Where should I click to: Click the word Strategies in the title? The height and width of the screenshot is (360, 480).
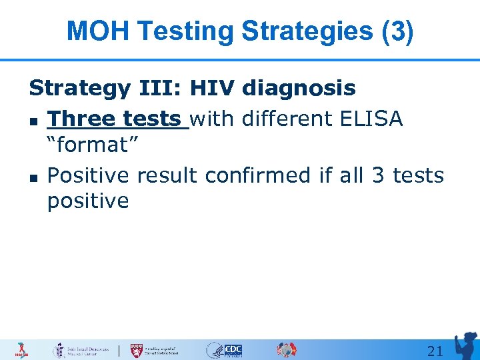coord(305,31)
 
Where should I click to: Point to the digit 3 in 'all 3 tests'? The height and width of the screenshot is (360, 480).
coord(378,175)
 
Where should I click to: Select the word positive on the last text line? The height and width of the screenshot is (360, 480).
coord(88,201)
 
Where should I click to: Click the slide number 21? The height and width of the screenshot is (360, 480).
coord(435,351)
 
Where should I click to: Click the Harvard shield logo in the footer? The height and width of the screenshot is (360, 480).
coord(137,350)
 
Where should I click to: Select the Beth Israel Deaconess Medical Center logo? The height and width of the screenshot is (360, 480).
coord(80,350)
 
